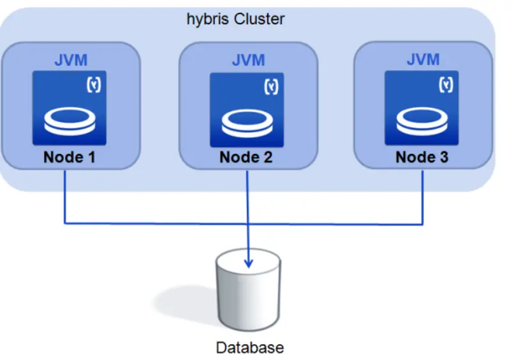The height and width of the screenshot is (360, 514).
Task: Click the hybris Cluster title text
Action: point(235,19)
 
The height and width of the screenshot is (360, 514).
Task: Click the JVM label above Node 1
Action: point(70,61)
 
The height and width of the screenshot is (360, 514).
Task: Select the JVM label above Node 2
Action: point(248,61)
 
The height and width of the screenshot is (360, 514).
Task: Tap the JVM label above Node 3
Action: point(423,60)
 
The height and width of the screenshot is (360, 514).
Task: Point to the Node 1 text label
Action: point(70,157)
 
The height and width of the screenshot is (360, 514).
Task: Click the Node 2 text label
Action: point(246,157)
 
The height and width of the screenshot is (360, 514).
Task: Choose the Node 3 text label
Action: point(422,157)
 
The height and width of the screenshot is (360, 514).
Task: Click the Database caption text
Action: point(249,348)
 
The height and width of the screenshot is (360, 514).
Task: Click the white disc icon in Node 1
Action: point(70,121)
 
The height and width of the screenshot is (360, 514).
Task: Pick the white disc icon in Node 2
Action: point(246,121)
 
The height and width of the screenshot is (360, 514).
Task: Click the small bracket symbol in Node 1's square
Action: point(94,86)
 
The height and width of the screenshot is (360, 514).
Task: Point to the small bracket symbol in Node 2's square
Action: point(271,86)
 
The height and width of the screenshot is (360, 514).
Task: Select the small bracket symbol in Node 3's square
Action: point(447,85)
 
